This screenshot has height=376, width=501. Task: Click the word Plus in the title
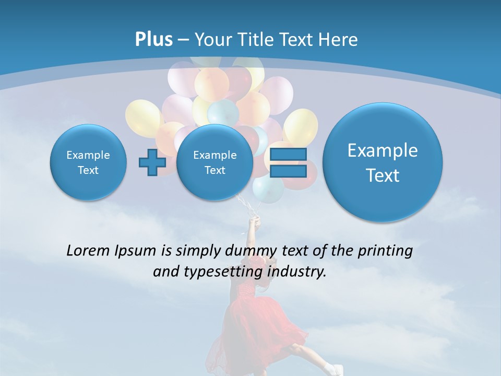(153, 40)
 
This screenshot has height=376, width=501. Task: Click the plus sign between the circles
(152, 163)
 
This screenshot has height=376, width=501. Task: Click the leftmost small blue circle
(88, 162)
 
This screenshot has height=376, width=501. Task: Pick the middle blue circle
(214, 162)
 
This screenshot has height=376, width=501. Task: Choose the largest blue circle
(383, 162)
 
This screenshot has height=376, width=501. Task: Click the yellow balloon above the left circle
(142, 117)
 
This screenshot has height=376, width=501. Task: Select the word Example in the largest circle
(383, 150)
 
